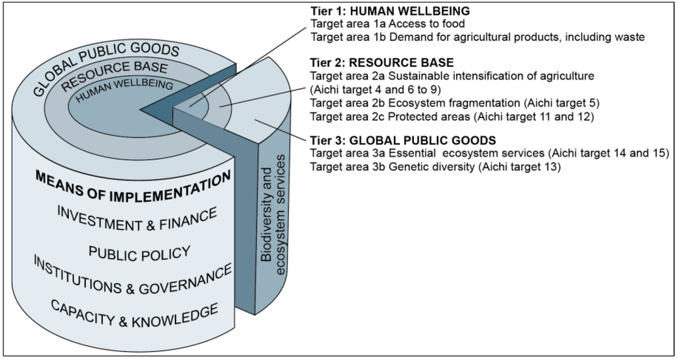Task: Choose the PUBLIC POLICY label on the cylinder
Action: pos(139,253)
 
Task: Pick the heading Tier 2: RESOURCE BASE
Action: pos(382,63)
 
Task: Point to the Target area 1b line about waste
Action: pos(477,37)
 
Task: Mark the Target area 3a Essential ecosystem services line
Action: pos(490,154)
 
